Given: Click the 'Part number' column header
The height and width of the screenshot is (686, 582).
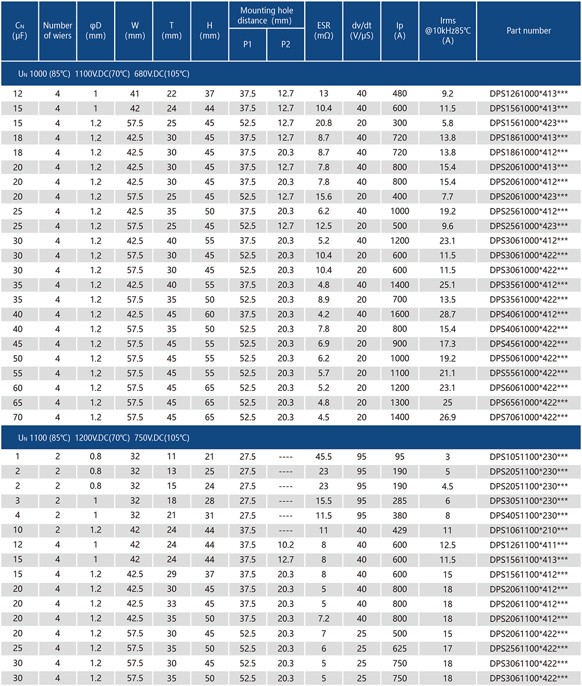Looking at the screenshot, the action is (529, 31).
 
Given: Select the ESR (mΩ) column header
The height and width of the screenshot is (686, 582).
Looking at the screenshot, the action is (324, 31).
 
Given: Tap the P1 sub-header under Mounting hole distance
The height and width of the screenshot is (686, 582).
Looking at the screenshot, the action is (248, 44).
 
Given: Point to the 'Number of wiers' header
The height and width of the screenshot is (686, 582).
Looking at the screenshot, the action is (58, 31).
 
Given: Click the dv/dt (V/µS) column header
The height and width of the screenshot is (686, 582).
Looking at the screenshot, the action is (361, 31).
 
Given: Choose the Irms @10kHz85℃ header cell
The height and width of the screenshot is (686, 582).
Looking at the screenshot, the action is (447, 31).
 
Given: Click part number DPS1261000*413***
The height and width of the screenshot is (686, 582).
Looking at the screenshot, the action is (529, 94).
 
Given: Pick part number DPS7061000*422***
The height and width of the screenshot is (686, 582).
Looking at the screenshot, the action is (529, 417).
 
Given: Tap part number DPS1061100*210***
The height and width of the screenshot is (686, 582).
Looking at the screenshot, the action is (529, 530).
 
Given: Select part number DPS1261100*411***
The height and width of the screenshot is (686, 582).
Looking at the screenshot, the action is (529, 544).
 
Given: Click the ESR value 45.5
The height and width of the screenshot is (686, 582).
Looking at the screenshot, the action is (324, 457).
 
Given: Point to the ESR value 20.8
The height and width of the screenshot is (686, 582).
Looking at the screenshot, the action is (324, 123).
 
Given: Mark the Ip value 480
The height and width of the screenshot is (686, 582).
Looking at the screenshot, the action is (400, 94).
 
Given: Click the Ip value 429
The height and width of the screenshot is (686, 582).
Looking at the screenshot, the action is (400, 530).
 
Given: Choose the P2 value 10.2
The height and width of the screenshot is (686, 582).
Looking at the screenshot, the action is (286, 544).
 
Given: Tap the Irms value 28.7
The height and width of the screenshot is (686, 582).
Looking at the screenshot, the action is (447, 314).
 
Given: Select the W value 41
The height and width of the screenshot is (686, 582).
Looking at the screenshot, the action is (135, 94).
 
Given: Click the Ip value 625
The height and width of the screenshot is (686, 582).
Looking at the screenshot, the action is (400, 648).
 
